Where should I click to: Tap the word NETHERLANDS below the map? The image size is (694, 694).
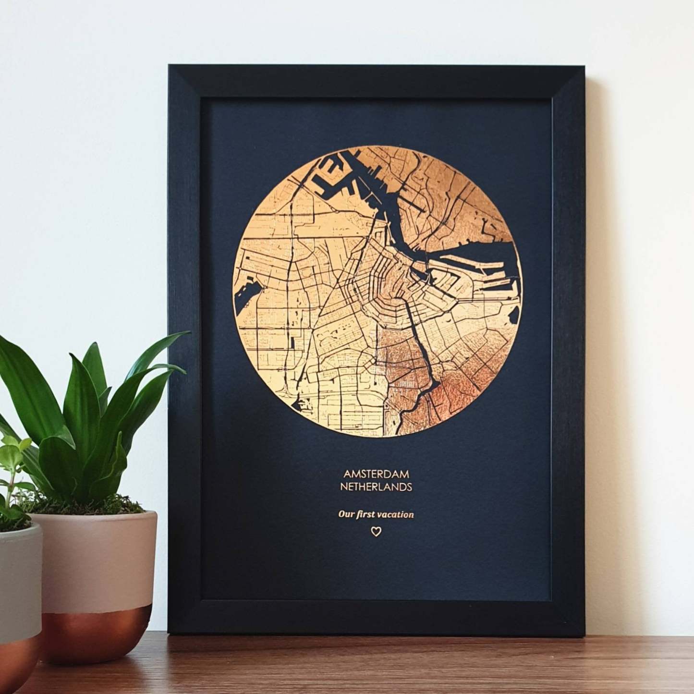click(376, 487)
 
